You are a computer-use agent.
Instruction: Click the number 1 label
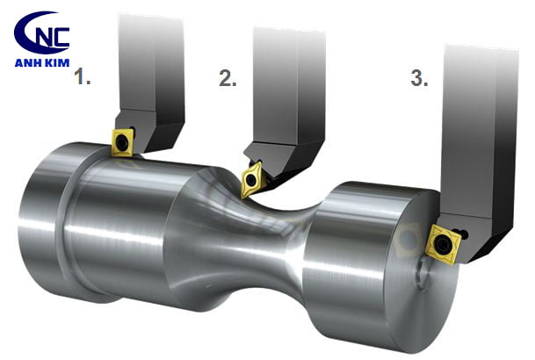[x=83, y=76]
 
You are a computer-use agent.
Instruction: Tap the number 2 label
[x=228, y=78]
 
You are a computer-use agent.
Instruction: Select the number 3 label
[x=419, y=78]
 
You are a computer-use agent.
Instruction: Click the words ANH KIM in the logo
[x=42, y=62]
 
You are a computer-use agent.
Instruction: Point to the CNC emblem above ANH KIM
[x=41, y=32]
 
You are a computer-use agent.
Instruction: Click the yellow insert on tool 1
[x=123, y=142]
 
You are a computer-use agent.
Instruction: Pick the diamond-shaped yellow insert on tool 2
[x=251, y=179]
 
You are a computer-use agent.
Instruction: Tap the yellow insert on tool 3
[x=444, y=244]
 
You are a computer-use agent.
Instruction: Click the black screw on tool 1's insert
[x=122, y=143]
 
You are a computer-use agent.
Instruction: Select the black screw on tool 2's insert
[x=251, y=180]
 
